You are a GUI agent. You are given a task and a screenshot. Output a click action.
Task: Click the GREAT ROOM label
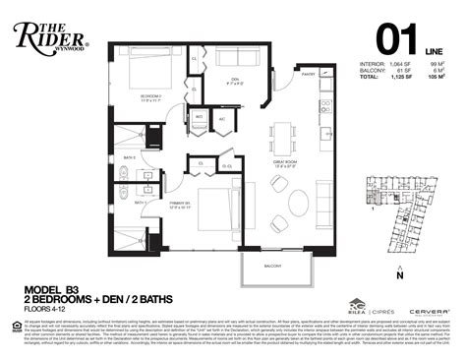[286, 162]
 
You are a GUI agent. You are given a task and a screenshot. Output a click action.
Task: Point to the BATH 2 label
[129, 155]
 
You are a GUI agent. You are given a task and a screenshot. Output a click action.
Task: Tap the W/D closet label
[201, 118]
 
